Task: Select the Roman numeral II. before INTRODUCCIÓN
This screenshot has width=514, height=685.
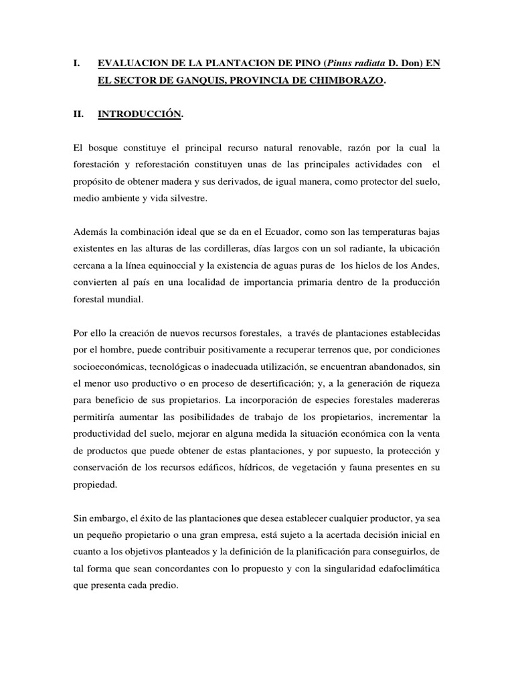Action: (76, 114)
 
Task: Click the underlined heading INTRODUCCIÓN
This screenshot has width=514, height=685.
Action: (139, 114)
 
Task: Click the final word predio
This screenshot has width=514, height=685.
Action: (165, 584)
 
